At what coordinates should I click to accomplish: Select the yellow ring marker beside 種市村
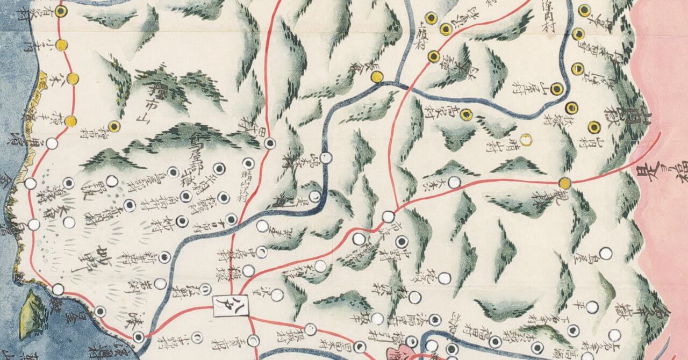point(113,127)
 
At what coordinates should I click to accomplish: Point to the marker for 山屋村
point(558,89)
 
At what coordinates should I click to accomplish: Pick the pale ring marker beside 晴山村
point(526,139)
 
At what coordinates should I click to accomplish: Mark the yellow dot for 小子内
point(62,45)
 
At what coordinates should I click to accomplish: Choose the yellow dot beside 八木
point(73,79)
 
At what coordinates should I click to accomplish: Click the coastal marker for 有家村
point(61,11)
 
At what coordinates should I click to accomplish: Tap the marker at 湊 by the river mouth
point(139,337)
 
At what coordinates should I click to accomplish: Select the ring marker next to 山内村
point(594,127)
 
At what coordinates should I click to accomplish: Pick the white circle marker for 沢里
point(277,294)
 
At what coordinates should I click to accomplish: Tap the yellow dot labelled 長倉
point(377,76)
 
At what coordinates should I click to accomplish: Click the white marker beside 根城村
point(311,329)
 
